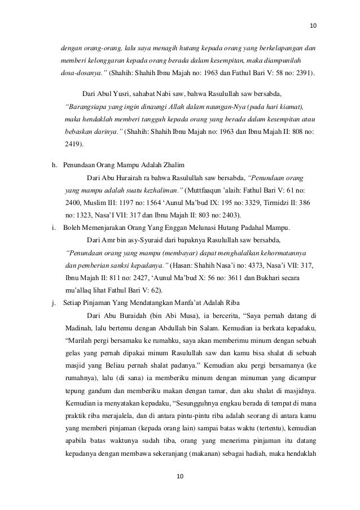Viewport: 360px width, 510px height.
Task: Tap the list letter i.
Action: pos(52,228)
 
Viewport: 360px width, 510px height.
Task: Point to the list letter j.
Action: pos(52,302)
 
